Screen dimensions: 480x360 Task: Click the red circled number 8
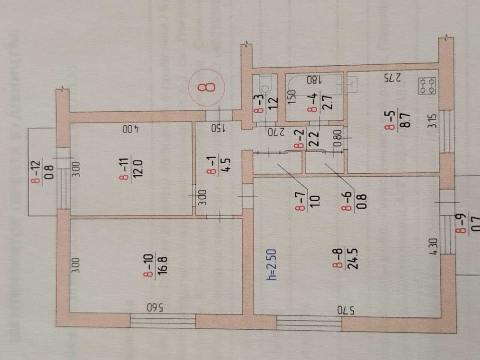pyautogui.click(x=206, y=87)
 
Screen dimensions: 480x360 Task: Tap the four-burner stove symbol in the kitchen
pyautogui.click(x=427, y=86)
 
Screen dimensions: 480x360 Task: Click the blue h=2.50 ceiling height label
pyautogui.click(x=272, y=265)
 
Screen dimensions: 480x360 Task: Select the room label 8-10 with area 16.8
pyautogui.click(x=155, y=265)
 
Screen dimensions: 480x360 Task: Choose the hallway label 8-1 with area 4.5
pyautogui.click(x=218, y=166)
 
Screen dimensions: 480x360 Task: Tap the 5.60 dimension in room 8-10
pyautogui.click(x=155, y=307)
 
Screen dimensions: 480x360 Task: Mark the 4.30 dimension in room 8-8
pyautogui.click(x=433, y=246)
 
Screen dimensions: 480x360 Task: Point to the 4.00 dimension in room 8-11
pyautogui.click(x=131, y=129)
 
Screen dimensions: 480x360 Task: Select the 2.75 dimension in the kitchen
pyautogui.click(x=393, y=78)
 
